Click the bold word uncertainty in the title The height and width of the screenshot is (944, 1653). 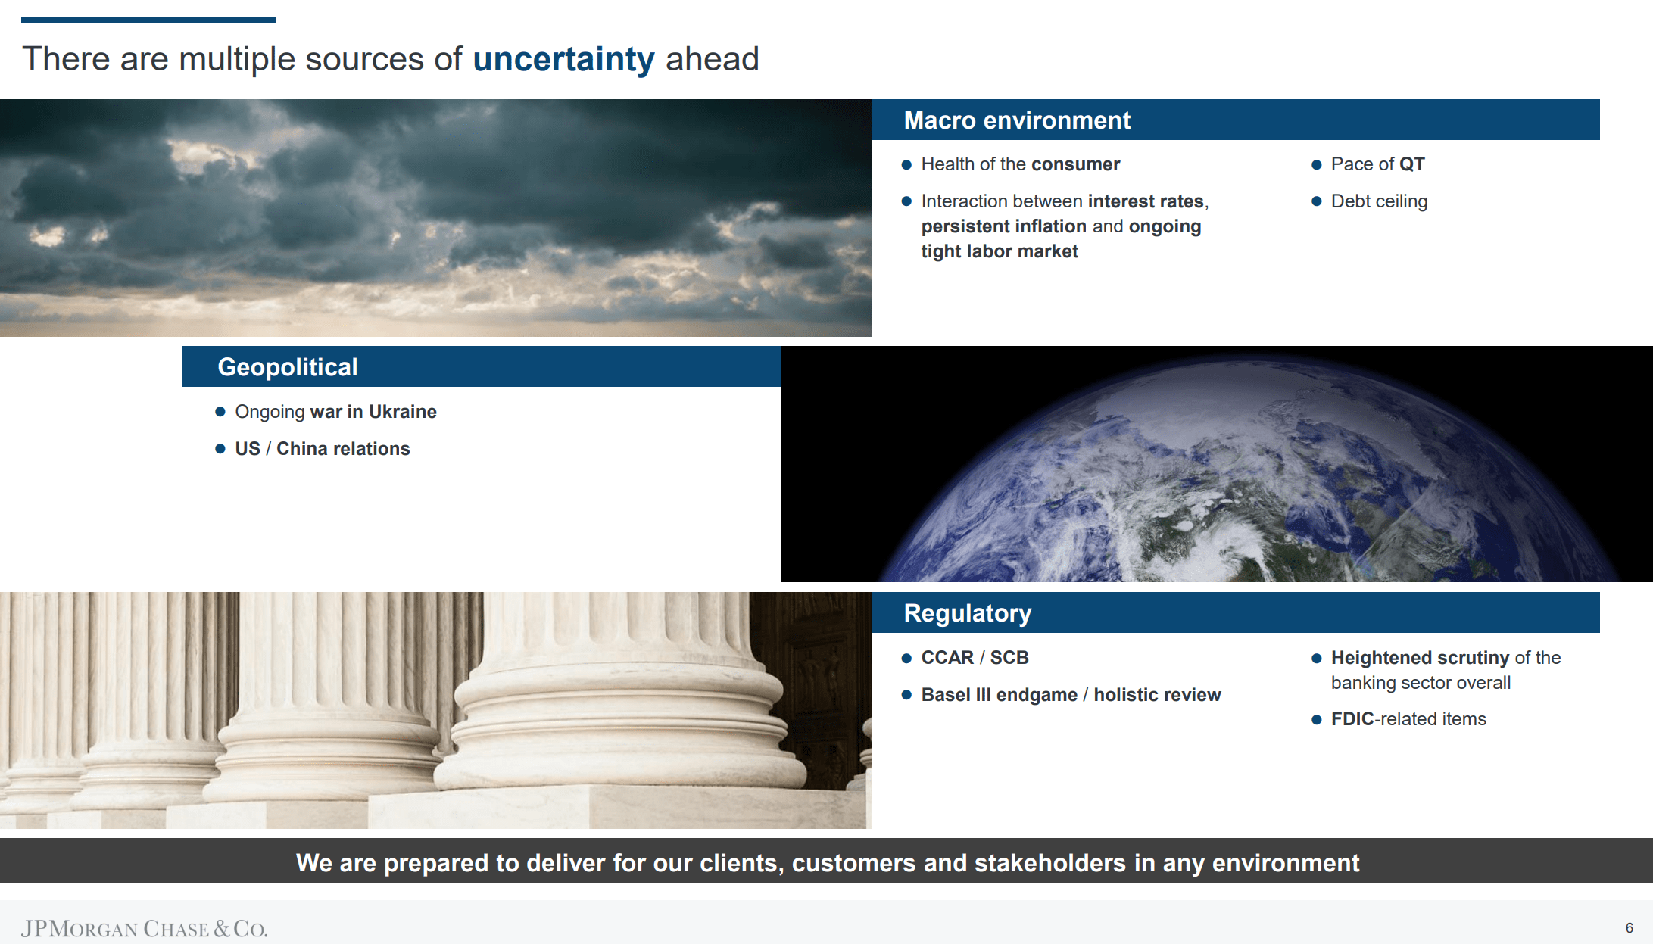[563, 60]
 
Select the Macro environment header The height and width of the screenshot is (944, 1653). [1017, 120]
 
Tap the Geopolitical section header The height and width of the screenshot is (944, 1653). [288, 367]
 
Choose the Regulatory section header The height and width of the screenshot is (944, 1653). [968, 613]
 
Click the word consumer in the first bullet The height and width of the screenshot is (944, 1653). [1075, 164]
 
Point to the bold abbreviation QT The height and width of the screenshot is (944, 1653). [1411, 164]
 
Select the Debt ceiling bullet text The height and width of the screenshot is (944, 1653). [1379, 201]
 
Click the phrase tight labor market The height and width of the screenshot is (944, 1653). [1000, 251]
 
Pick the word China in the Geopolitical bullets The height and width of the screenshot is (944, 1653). [302, 449]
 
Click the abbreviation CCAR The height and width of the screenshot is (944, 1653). [947, 658]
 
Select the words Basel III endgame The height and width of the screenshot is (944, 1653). [1000, 695]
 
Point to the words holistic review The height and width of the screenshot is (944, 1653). [1157, 695]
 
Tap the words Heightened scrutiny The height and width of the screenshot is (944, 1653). [1421, 658]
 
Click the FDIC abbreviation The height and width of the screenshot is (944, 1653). [1352, 719]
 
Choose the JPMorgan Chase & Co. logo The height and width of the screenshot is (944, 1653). [144, 929]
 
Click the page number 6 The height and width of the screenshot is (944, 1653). [1630, 928]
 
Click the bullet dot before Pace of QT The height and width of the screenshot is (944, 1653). [1316, 165]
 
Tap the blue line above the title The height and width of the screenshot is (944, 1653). [148, 20]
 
